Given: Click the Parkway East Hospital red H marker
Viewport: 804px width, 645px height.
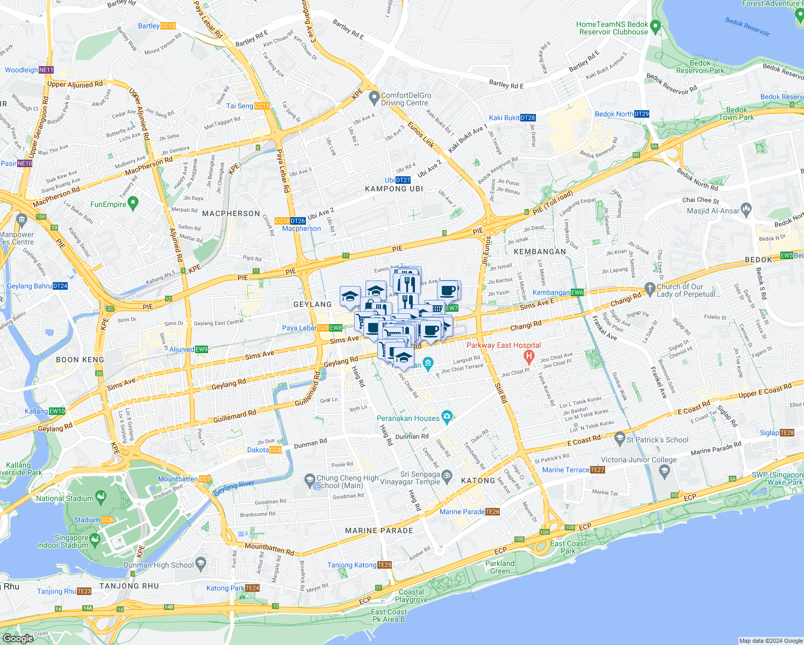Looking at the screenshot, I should pos(529,356).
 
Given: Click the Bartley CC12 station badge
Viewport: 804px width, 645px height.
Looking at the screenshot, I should pos(168,26).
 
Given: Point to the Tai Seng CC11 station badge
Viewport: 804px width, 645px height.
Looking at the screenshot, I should pos(262,106).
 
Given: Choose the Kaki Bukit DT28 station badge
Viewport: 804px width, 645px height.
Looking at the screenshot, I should pos(528,118).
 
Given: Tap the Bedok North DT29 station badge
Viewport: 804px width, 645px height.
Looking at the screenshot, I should pos(642,114).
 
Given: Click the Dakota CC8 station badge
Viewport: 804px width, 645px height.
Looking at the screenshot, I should pos(275,450).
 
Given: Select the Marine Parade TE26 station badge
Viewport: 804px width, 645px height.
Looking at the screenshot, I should pos(493,512).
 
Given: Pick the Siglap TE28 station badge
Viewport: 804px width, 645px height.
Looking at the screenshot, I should pos(787,433).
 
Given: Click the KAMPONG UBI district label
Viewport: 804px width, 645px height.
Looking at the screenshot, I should pos(394,189).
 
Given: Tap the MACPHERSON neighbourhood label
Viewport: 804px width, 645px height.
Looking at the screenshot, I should pos(231,213).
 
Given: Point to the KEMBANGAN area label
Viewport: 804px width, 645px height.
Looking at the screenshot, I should pos(540,252).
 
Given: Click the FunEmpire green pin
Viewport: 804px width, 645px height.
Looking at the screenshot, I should pos(134,203).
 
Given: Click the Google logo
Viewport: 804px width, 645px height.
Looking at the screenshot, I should pos(18,638).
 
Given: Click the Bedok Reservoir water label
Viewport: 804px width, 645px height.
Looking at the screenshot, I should pos(747,27).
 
